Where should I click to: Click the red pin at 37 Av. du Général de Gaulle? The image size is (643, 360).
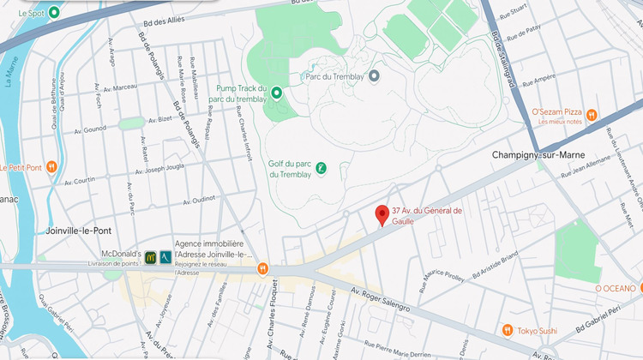[x=382, y=215]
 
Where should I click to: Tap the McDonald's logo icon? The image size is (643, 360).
[x=150, y=256]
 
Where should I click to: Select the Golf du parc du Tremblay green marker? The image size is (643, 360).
[x=321, y=168]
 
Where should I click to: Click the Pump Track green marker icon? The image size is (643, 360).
[x=276, y=93]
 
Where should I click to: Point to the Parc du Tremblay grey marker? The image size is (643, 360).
[x=374, y=75]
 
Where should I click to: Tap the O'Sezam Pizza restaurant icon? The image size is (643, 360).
[x=616, y=114]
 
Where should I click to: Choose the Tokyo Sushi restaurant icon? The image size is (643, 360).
[x=507, y=330]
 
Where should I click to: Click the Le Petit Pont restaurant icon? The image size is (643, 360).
[x=51, y=166]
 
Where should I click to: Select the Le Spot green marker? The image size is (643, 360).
[x=55, y=13]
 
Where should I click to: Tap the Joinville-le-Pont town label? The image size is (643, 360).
[x=78, y=231]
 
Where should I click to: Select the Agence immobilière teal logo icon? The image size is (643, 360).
[x=165, y=256]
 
